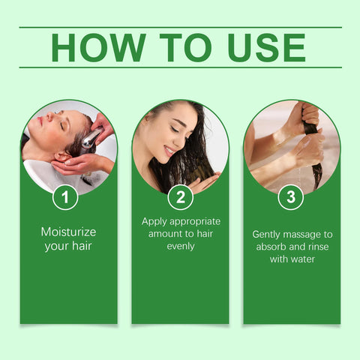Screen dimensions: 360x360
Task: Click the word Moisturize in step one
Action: [68, 232]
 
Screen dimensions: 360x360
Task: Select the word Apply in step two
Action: [154, 221]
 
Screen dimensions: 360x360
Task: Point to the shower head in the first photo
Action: [91, 137]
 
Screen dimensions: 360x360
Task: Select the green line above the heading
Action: [180, 27]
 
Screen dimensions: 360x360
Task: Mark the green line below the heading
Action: [180, 67]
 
